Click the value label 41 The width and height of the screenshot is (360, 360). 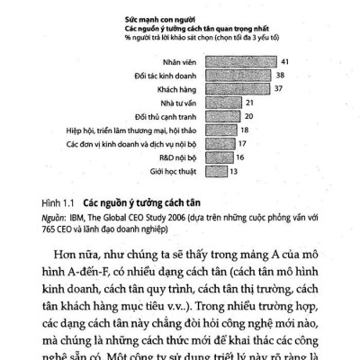click(x=285, y=61)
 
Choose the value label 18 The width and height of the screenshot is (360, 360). click(x=243, y=130)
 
